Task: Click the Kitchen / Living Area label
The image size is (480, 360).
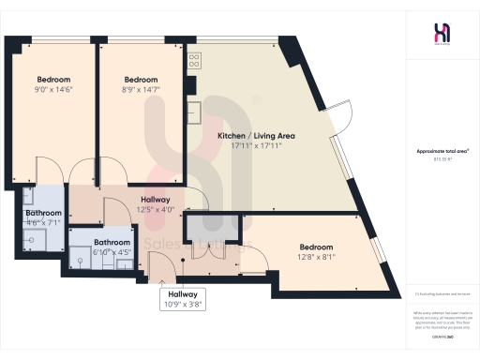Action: coord(249,136)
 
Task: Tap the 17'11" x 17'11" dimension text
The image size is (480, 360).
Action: coord(249,146)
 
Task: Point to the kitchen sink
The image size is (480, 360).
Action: coord(192,112)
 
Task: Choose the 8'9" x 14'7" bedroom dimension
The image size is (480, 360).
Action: coord(142,90)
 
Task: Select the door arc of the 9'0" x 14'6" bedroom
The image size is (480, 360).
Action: coord(53,172)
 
